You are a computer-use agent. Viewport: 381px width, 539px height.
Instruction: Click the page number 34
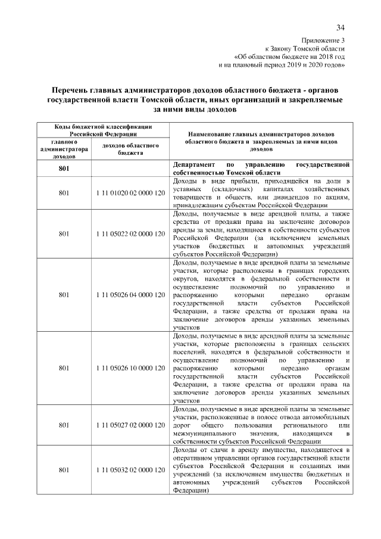click(x=341, y=27)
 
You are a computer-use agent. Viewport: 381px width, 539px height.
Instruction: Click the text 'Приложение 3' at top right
click(x=324, y=40)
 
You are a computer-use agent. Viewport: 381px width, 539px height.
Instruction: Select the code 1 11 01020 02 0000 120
click(x=130, y=193)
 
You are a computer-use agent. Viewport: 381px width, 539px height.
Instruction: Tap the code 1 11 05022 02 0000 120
click(x=130, y=233)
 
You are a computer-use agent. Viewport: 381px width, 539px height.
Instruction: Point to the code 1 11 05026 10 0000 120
click(x=130, y=368)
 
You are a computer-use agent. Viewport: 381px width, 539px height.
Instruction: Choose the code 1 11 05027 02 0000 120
click(x=130, y=426)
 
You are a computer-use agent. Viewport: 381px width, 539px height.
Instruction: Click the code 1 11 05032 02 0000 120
click(x=130, y=471)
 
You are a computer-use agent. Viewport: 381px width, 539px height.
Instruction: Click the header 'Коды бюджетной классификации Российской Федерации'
click(x=96, y=130)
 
